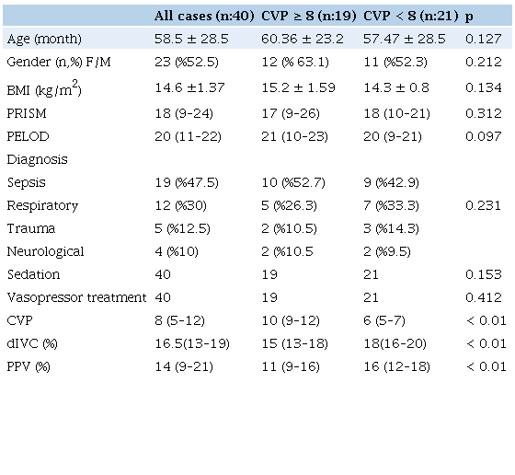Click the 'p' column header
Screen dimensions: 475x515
pyautogui.click(x=471, y=16)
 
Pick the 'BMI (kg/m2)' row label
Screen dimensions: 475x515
pyautogui.click(x=42, y=88)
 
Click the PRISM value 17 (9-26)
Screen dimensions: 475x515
pyautogui.click(x=290, y=112)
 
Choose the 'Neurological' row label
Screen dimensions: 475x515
pyautogui.click(x=45, y=251)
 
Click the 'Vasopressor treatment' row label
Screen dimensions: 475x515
pyautogui.click(x=75, y=297)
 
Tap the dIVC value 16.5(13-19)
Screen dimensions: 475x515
pyautogui.click(x=191, y=343)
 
